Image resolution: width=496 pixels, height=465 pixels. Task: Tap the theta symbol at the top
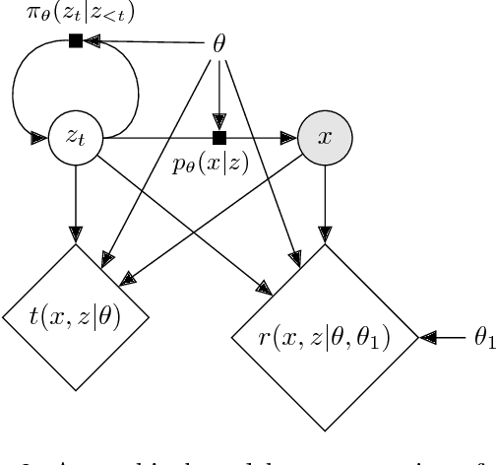[218, 44]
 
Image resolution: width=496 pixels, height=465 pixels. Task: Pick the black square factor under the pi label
[75, 41]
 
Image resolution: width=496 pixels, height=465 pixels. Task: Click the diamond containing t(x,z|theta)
[76, 317]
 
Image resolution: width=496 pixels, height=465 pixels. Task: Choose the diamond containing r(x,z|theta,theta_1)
[325, 338]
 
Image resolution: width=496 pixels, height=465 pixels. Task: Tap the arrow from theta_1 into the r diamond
[441, 338]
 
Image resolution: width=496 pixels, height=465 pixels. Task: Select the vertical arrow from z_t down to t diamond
[76, 202]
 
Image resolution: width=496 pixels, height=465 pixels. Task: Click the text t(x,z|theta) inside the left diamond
[76, 317]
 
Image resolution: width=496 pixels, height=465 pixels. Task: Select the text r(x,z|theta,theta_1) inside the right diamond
[325, 339]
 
